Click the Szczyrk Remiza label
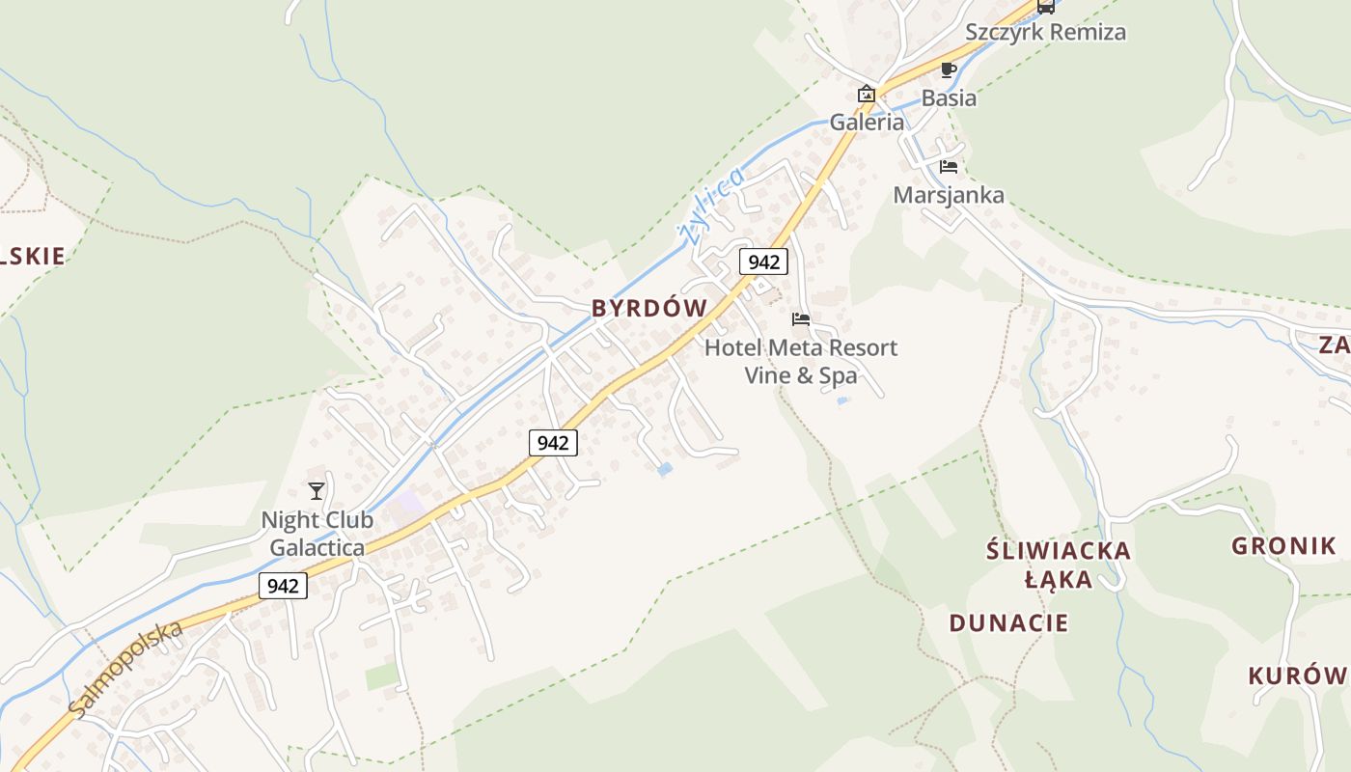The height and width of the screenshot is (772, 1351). click(x=1045, y=32)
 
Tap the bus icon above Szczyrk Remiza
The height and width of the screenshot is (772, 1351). click(x=1045, y=6)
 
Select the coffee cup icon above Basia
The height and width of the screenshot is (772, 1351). click(x=948, y=69)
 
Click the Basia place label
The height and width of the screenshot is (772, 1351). click(x=949, y=97)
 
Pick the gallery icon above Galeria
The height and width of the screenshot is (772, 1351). click(x=867, y=95)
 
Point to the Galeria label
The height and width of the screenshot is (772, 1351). click(x=868, y=122)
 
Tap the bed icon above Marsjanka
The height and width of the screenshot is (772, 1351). click(x=948, y=167)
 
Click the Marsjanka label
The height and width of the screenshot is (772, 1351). click(x=949, y=195)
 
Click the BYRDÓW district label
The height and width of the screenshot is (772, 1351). click(x=649, y=308)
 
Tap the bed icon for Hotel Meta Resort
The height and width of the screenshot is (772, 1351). click(x=801, y=319)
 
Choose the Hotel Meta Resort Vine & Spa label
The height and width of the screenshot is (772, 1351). click(x=801, y=361)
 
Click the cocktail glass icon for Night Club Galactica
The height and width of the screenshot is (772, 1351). click(x=317, y=491)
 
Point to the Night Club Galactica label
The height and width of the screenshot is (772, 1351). click(x=317, y=534)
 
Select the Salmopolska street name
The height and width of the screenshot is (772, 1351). click(x=125, y=669)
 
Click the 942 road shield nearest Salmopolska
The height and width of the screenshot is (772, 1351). click(x=283, y=586)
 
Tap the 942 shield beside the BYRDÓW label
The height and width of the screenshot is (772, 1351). click(x=763, y=261)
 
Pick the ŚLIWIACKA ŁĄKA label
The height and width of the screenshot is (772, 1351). click(x=1059, y=565)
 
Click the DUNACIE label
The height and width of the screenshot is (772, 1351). click(x=1008, y=622)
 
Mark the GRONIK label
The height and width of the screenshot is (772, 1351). click(x=1283, y=546)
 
